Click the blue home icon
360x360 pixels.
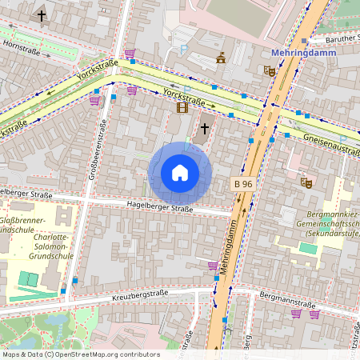(180, 173)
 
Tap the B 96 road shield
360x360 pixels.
(243, 184)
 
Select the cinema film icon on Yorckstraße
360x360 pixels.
(182, 106)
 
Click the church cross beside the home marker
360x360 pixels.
(204, 127)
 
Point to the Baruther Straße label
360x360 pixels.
(336, 37)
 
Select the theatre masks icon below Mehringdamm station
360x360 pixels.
(270, 70)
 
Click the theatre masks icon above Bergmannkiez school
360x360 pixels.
(305, 182)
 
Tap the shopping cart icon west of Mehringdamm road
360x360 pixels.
(213, 266)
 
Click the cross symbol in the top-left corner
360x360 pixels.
(42, 15)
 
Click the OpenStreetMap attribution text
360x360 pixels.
(80, 354)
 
